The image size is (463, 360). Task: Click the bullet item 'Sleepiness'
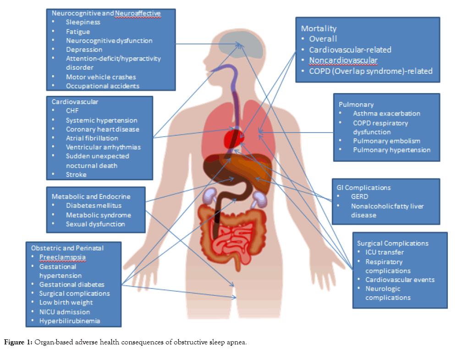(83, 22)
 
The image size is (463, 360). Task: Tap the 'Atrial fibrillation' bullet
(92, 138)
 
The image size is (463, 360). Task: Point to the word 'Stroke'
(76, 174)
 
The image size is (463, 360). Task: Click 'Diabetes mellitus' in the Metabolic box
(94, 206)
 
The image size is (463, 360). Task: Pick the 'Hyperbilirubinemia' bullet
(69, 321)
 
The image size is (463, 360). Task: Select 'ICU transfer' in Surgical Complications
(384, 252)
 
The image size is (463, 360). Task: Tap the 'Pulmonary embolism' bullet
(386, 141)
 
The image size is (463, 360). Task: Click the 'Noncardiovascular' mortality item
(343, 61)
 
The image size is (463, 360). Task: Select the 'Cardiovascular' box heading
(75, 101)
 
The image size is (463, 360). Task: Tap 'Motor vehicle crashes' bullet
(101, 77)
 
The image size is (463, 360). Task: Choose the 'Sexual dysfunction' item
(95, 224)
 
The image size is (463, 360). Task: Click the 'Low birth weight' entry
(66, 303)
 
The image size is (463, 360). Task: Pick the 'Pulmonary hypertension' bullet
(391, 150)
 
